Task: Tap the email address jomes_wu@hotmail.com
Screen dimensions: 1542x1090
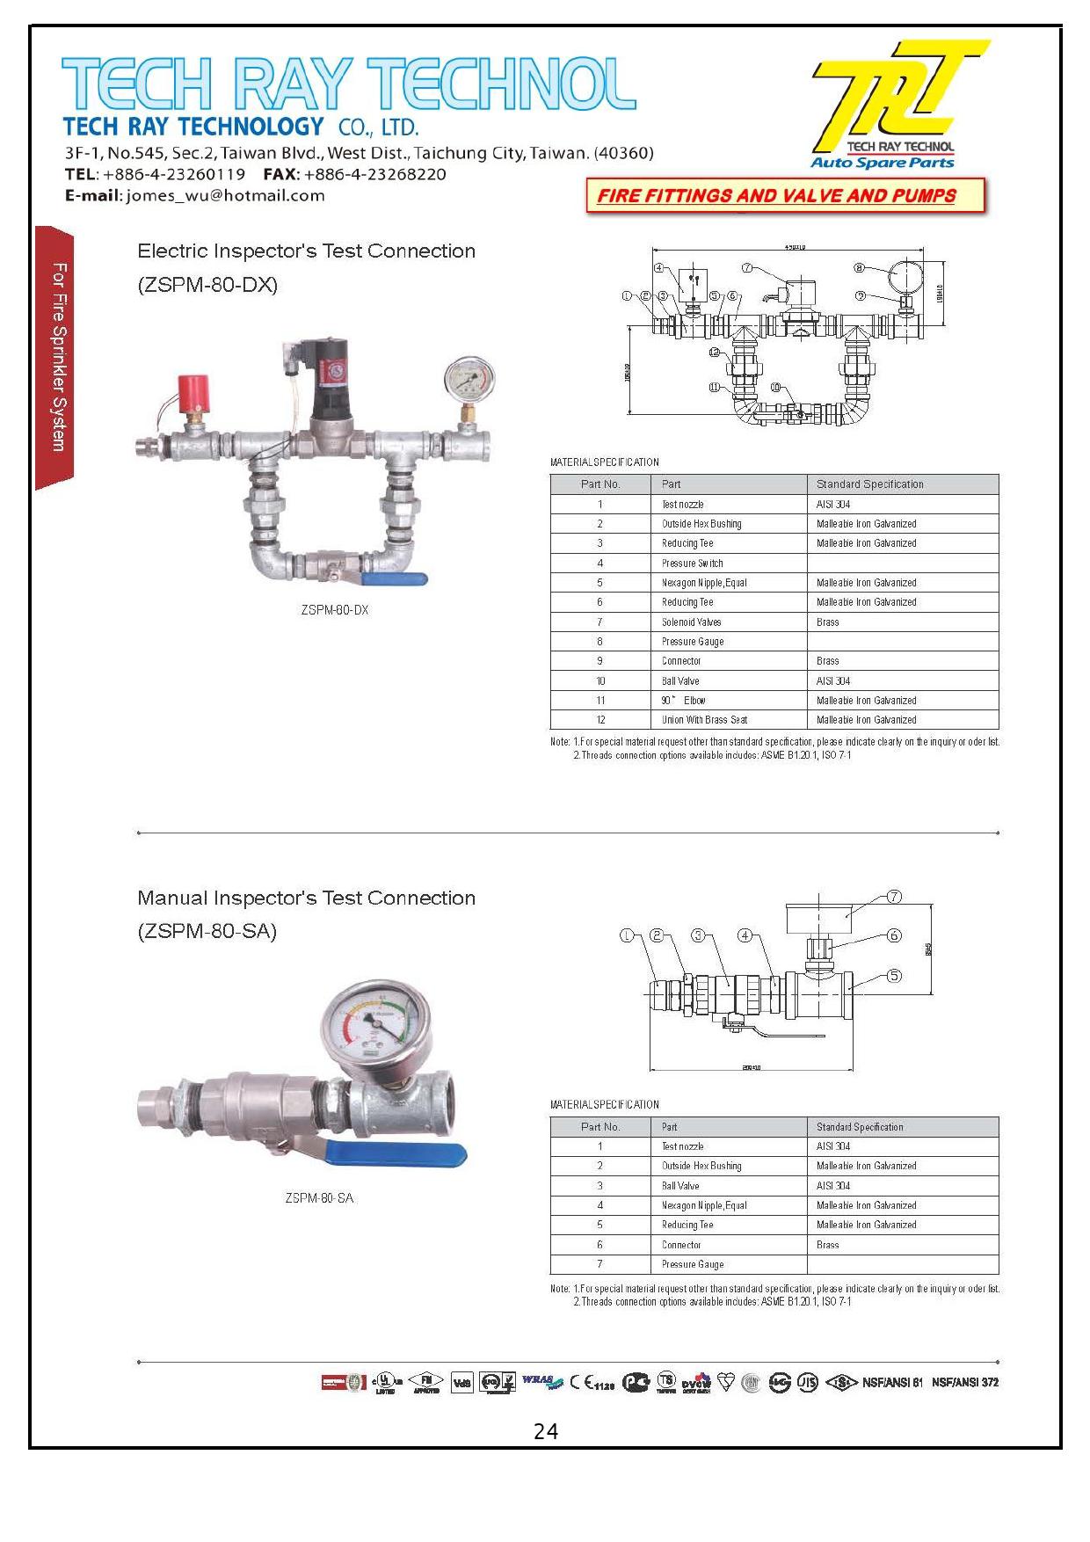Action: tap(225, 195)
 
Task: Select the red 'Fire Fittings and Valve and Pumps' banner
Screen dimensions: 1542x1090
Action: tap(785, 195)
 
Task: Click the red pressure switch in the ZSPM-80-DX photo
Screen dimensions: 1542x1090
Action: tap(193, 392)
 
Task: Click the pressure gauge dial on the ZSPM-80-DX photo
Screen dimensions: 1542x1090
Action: tap(469, 379)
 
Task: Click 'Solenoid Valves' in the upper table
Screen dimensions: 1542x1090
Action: tap(691, 622)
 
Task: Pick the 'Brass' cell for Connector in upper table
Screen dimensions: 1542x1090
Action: tap(827, 661)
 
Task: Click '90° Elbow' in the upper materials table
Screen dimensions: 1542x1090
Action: tap(683, 701)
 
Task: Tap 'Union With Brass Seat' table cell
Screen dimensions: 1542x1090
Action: tap(704, 720)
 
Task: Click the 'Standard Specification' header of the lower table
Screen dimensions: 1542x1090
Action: tap(859, 1127)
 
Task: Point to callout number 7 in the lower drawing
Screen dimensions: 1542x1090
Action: tap(894, 897)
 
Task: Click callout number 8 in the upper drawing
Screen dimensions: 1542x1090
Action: tap(860, 268)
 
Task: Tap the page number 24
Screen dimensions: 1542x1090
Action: tap(545, 1432)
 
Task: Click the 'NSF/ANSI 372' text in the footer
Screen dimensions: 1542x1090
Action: tap(965, 1382)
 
